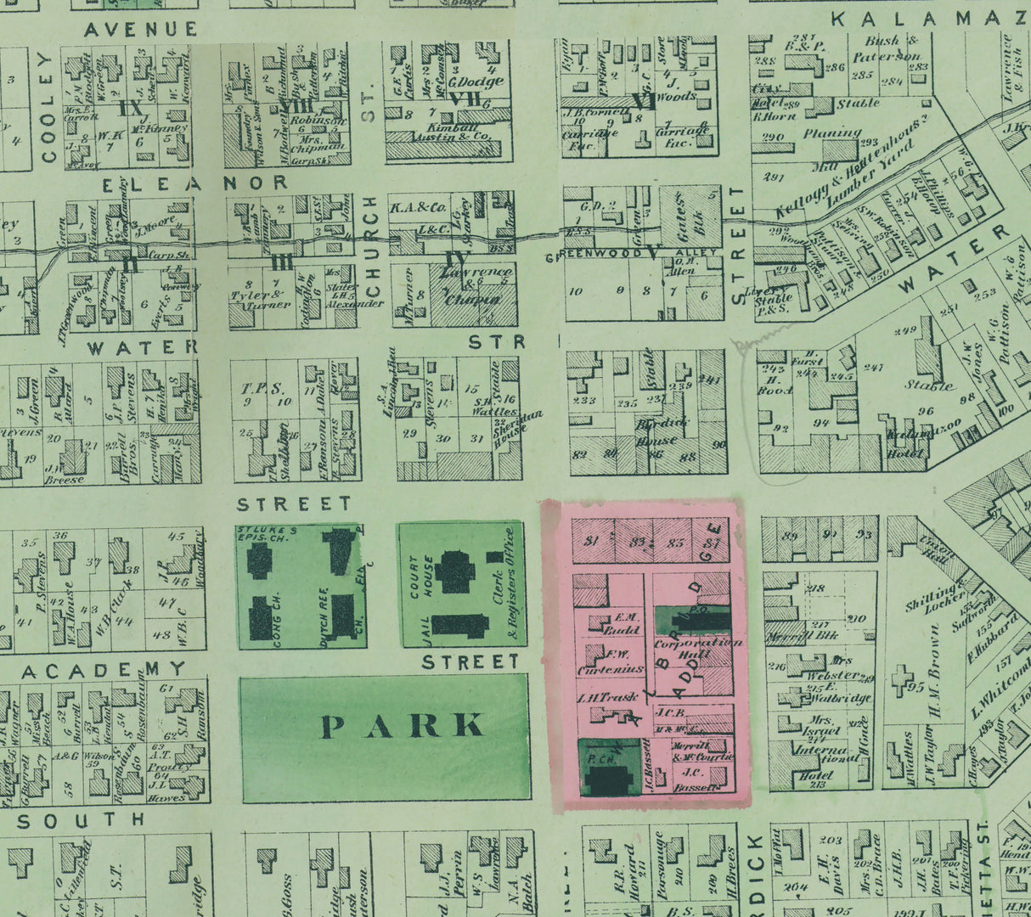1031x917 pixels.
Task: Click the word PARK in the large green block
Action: point(403,727)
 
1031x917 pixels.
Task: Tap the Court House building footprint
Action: point(456,571)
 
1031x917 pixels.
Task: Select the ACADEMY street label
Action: point(104,671)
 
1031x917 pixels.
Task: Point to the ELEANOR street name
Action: point(195,183)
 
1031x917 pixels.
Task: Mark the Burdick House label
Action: point(658,432)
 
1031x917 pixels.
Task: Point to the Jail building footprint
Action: point(459,626)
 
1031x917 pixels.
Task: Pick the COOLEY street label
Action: point(47,106)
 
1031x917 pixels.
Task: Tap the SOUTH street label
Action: point(82,821)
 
